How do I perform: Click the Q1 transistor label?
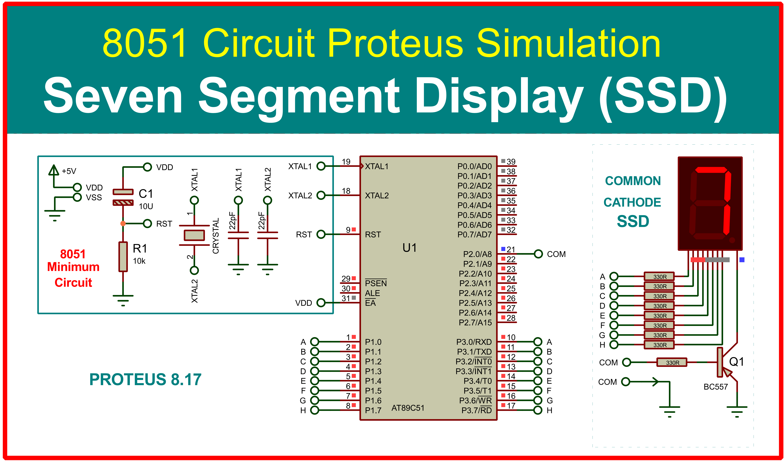click(x=736, y=361)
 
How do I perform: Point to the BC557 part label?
click(x=716, y=387)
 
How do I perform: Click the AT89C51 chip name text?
click(x=408, y=408)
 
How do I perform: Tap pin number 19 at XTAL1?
click(x=346, y=162)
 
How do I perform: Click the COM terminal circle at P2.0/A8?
click(x=538, y=254)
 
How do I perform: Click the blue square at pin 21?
click(x=503, y=249)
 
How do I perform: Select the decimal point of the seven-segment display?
click(x=732, y=240)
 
